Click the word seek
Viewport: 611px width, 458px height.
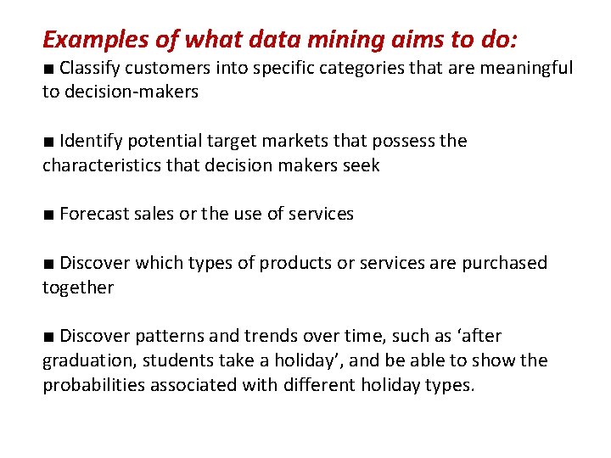[x=362, y=165]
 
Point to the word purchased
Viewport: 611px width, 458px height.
[x=505, y=263]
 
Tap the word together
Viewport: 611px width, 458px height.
[x=77, y=288]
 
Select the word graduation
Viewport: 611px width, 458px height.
[x=88, y=360]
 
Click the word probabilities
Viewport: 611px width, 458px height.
[x=94, y=384]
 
